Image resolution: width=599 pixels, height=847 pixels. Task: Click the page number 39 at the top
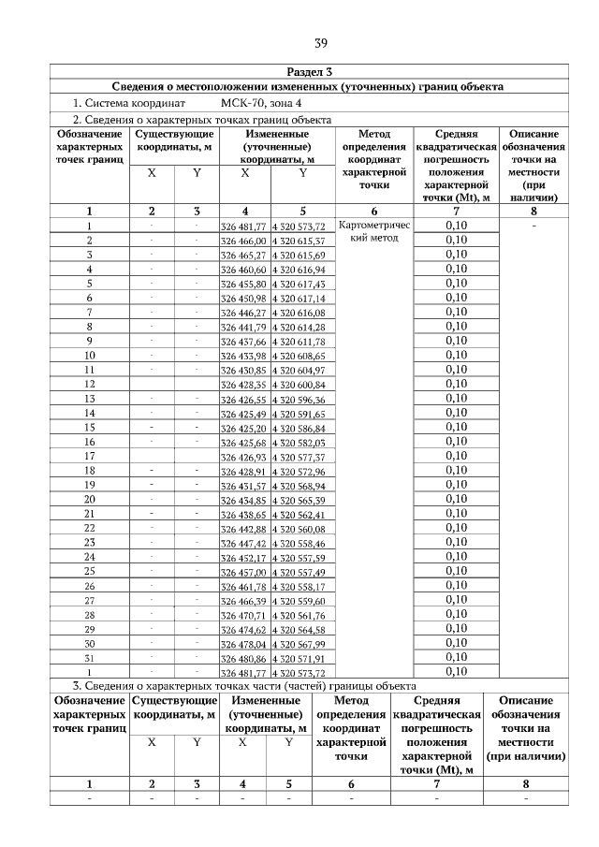pos(320,43)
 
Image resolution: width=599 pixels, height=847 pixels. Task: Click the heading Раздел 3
pos(308,72)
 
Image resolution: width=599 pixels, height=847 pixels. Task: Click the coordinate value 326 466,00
pos(243,241)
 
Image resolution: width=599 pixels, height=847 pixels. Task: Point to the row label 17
pos(89,457)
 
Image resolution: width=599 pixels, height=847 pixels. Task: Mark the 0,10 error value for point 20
pos(456,500)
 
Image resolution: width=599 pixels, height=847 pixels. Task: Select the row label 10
pos(89,356)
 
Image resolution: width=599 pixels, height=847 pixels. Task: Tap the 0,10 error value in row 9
pos(456,341)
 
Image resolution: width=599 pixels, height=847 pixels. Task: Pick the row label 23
pos(89,543)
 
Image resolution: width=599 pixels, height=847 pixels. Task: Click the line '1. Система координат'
pos(129,103)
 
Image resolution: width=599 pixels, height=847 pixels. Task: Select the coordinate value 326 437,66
pos(243,342)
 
